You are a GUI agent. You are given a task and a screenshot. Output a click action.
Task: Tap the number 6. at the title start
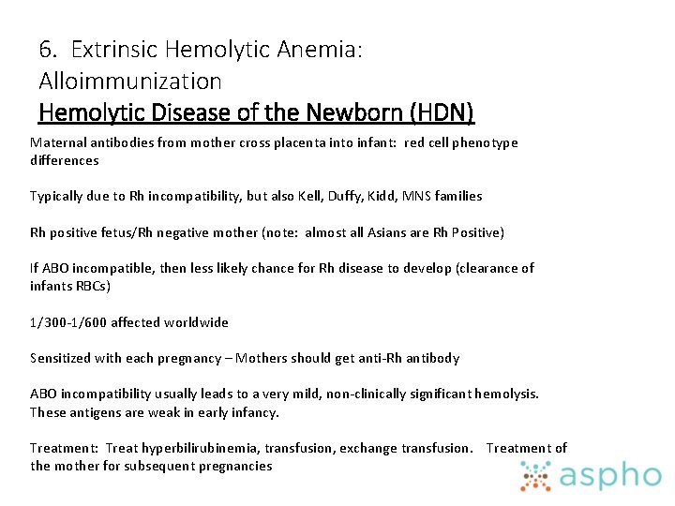(x=49, y=49)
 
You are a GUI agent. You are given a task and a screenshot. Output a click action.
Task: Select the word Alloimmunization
(x=130, y=82)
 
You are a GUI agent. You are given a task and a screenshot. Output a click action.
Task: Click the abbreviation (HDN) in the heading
(x=442, y=113)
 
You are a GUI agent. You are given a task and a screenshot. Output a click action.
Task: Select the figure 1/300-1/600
(x=68, y=322)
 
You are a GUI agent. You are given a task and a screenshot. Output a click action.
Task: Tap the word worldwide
(x=196, y=322)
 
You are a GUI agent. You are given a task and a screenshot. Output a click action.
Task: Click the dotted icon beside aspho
(x=537, y=476)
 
